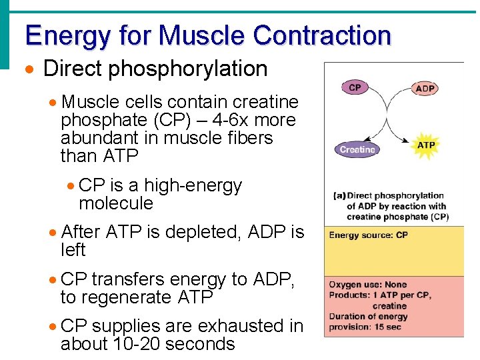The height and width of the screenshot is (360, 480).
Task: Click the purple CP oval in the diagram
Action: click(x=355, y=87)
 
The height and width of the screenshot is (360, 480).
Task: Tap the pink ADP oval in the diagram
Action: click(x=425, y=88)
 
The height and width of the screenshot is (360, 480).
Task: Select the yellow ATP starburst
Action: click(x=426, y=145)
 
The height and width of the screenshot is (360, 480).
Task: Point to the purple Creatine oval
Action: click(x=357, y=150)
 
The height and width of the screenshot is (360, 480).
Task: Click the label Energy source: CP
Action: click(x=368, y=235)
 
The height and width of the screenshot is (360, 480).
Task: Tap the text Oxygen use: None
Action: click(x=368, y=285)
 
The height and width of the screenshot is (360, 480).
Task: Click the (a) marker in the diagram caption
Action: click(x=339, y=196)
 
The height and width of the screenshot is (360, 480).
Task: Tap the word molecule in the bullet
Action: click(x=116, y=203)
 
